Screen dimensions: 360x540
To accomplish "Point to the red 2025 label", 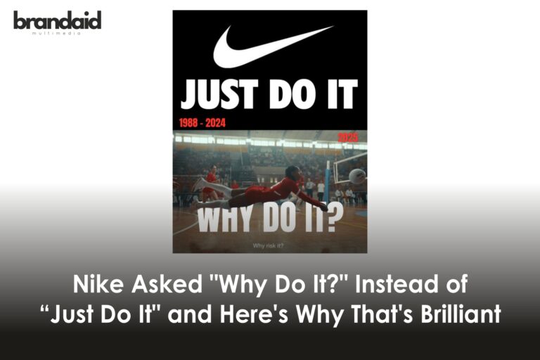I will tap(348, 137).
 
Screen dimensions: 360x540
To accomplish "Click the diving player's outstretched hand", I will tap(323, 207).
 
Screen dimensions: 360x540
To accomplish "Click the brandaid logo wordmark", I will tap(57, 20).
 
